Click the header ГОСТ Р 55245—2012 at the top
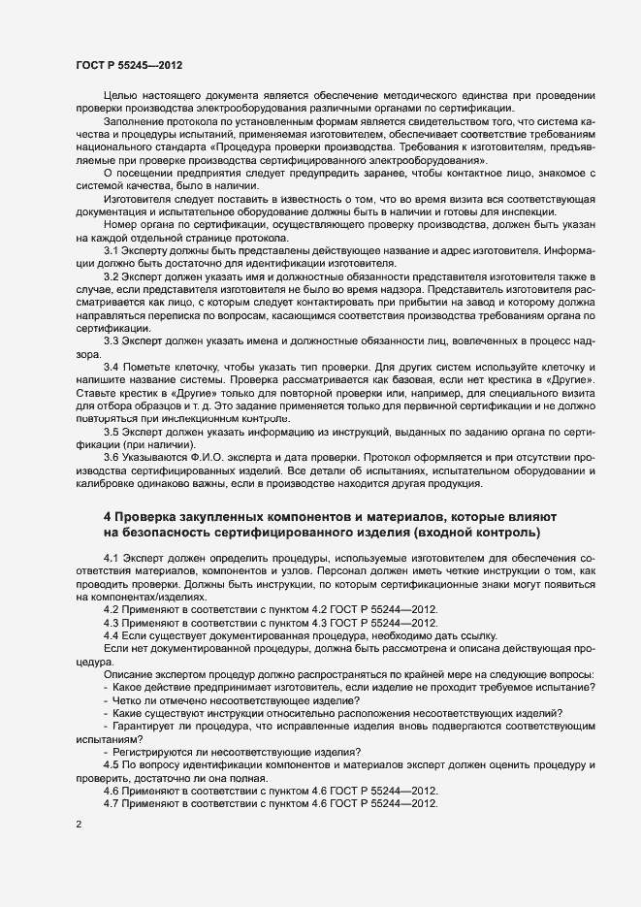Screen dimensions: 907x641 127,65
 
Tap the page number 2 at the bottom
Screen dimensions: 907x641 78,825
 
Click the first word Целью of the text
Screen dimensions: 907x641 120,96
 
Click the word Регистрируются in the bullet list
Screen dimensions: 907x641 157,753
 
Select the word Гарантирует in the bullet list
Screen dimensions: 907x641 146,726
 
